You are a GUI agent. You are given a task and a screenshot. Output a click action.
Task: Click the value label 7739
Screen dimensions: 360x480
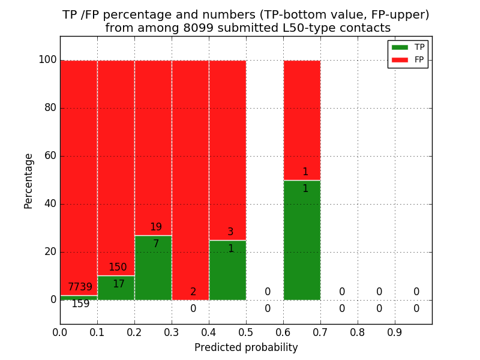(80, 287)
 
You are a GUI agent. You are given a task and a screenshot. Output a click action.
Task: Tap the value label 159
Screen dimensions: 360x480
(80, 304)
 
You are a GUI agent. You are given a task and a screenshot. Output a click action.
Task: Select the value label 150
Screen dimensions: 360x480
(118, 268)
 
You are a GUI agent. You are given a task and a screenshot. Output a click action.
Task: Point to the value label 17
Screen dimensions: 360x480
(119, 284)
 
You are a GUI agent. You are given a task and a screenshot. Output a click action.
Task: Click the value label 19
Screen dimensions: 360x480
(156, 227)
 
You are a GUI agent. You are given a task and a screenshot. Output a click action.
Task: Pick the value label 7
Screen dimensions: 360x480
(156, 244)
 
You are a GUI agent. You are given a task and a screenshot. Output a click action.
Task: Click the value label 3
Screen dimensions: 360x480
(230, 232)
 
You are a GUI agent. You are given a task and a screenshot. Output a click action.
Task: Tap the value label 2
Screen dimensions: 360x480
(193, 292)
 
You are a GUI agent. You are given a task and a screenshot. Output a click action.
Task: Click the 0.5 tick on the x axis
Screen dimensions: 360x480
(246, 332)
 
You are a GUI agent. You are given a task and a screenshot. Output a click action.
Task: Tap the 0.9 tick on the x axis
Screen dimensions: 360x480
(395, 332)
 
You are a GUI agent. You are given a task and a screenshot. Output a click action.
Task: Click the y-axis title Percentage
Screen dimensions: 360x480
(29, 181)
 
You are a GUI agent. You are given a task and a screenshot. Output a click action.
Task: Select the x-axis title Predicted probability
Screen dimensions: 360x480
(246, 347)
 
